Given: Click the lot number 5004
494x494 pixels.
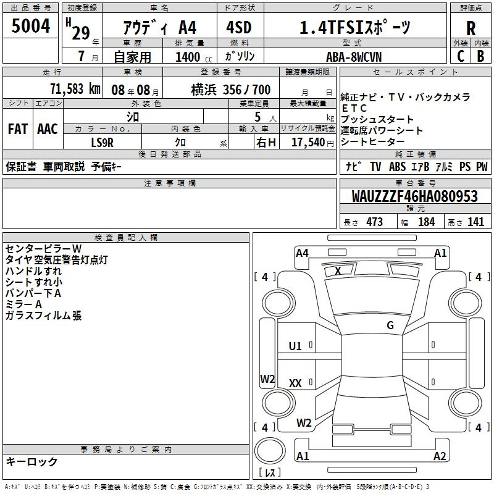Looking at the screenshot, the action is (31, 26).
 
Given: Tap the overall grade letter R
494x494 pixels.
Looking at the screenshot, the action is (471, 28).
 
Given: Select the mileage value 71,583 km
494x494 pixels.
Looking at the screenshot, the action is (75, 89).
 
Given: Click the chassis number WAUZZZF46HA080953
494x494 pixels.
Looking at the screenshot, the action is (414, 196).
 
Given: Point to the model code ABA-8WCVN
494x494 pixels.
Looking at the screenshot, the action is (354, 57).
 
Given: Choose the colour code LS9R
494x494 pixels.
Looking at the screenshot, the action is (102, 143).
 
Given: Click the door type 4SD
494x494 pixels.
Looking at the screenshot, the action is (239, 27).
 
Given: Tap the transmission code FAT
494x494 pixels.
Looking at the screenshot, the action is (18, 129).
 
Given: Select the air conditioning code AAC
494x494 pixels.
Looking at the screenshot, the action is (48, 129).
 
